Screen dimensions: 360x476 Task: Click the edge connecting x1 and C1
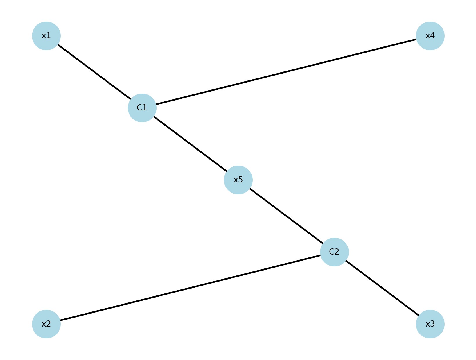click(x=94, y=72)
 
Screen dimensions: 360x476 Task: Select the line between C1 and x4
click(x=286, y=72)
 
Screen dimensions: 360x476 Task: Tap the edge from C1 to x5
click(x=190, y=144)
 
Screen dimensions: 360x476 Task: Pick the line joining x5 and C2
click(x=286, y=216)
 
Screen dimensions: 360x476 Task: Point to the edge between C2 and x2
click(x=190, y=288)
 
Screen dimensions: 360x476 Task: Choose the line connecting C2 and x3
click(x=382, y=288)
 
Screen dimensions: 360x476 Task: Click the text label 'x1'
click(x=46, y=36)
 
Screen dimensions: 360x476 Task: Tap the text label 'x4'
click(x=430, y=36)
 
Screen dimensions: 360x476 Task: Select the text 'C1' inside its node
click(x=142, y=108)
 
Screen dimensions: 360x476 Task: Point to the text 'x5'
click(x=238, y=180)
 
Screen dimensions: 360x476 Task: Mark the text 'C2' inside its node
click(x=334, y=252)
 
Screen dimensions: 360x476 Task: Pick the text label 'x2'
click(x=46, y=324)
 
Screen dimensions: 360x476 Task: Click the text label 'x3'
click(x=430, y=324)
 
